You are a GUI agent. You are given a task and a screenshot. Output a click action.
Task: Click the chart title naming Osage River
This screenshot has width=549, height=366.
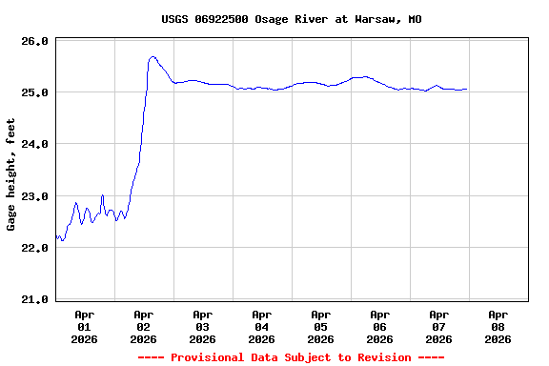pyautogui.click(x=292, y=19)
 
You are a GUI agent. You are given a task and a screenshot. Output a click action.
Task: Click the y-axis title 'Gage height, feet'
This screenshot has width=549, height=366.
pyautogui.click(x=11, y=174)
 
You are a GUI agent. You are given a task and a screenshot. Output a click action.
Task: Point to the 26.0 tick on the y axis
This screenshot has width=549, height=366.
pyautogui.click(x=34, y=41)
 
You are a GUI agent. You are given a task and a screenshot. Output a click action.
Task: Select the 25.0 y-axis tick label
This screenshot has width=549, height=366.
pyautogui.click(x=34, y=92)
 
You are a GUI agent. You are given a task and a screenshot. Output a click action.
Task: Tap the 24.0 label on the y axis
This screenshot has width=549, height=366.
pyautogui.click(x=34, y=144)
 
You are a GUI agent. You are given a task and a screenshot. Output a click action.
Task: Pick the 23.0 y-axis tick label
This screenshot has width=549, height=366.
pyautogui.click(x=34, y=196)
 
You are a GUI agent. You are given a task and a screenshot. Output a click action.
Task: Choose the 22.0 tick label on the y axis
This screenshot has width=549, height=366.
pyautogui.click(x=34, y=248)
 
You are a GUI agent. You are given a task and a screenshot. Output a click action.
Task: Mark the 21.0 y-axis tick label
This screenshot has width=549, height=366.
pyautogui.click(x=34, y=299)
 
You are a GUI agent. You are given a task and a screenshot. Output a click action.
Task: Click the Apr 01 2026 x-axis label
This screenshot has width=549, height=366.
pyautogui.click(x=85, y=326)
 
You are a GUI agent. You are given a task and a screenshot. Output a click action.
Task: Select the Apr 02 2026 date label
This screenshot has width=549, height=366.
pyautogui.click(x=144, y=326)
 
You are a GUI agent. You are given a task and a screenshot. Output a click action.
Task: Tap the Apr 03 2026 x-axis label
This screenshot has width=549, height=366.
pyautogui.click(x=203, y=326)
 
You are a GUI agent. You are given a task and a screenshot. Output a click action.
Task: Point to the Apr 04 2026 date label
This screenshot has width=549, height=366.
pyautogui.click(x=262, y=326)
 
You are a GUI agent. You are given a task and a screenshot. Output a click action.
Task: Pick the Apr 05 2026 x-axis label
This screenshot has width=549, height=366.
pyautogui.click(x=321, y=326)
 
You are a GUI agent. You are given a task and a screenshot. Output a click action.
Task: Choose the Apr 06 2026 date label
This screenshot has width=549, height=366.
pyautogui.click(x=380, y=326)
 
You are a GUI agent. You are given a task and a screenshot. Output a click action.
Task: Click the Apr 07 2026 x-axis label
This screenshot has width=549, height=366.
pyautogui.click(x=439, y=326)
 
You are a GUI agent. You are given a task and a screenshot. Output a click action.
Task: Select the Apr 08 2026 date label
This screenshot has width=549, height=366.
pyautogui.click(x=498, y=326)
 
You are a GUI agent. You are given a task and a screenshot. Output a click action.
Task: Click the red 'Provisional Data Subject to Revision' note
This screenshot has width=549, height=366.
pyautogui.click(x=292, y=357)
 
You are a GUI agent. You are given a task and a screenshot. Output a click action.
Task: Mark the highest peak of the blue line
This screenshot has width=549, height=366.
pyautogui.click(x=152, y=56)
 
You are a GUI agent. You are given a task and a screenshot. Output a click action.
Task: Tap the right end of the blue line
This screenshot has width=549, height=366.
pyautogui.click(x=466, y=90)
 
